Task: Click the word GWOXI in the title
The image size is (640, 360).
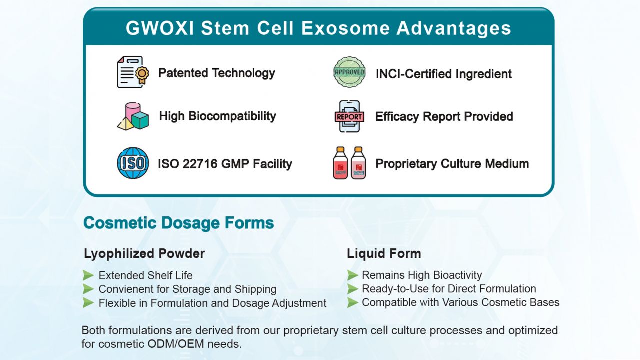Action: pos(160,28)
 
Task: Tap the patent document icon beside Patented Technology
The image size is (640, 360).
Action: pos(133,72)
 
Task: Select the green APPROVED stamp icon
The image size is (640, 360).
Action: pos(349,72)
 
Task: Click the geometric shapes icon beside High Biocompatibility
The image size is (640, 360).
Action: pos(133,116)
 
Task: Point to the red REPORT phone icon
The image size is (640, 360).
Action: pos(349,116)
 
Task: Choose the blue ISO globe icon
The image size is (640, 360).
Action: pos(133,163)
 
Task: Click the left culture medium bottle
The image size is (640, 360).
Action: pos(340,163)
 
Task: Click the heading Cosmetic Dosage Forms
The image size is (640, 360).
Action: pos(179,223)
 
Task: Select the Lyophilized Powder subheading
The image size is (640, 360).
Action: pos(144,253)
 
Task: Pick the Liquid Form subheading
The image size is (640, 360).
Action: pos(384,253)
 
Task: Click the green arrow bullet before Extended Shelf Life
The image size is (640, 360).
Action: pos(88,275)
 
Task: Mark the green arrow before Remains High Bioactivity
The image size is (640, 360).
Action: pos(353,275)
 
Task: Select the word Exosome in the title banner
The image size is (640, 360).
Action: pos(346,28)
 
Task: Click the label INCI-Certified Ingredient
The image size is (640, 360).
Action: pos(444,74)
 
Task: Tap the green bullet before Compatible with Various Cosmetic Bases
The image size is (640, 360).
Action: pos(353,303)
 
